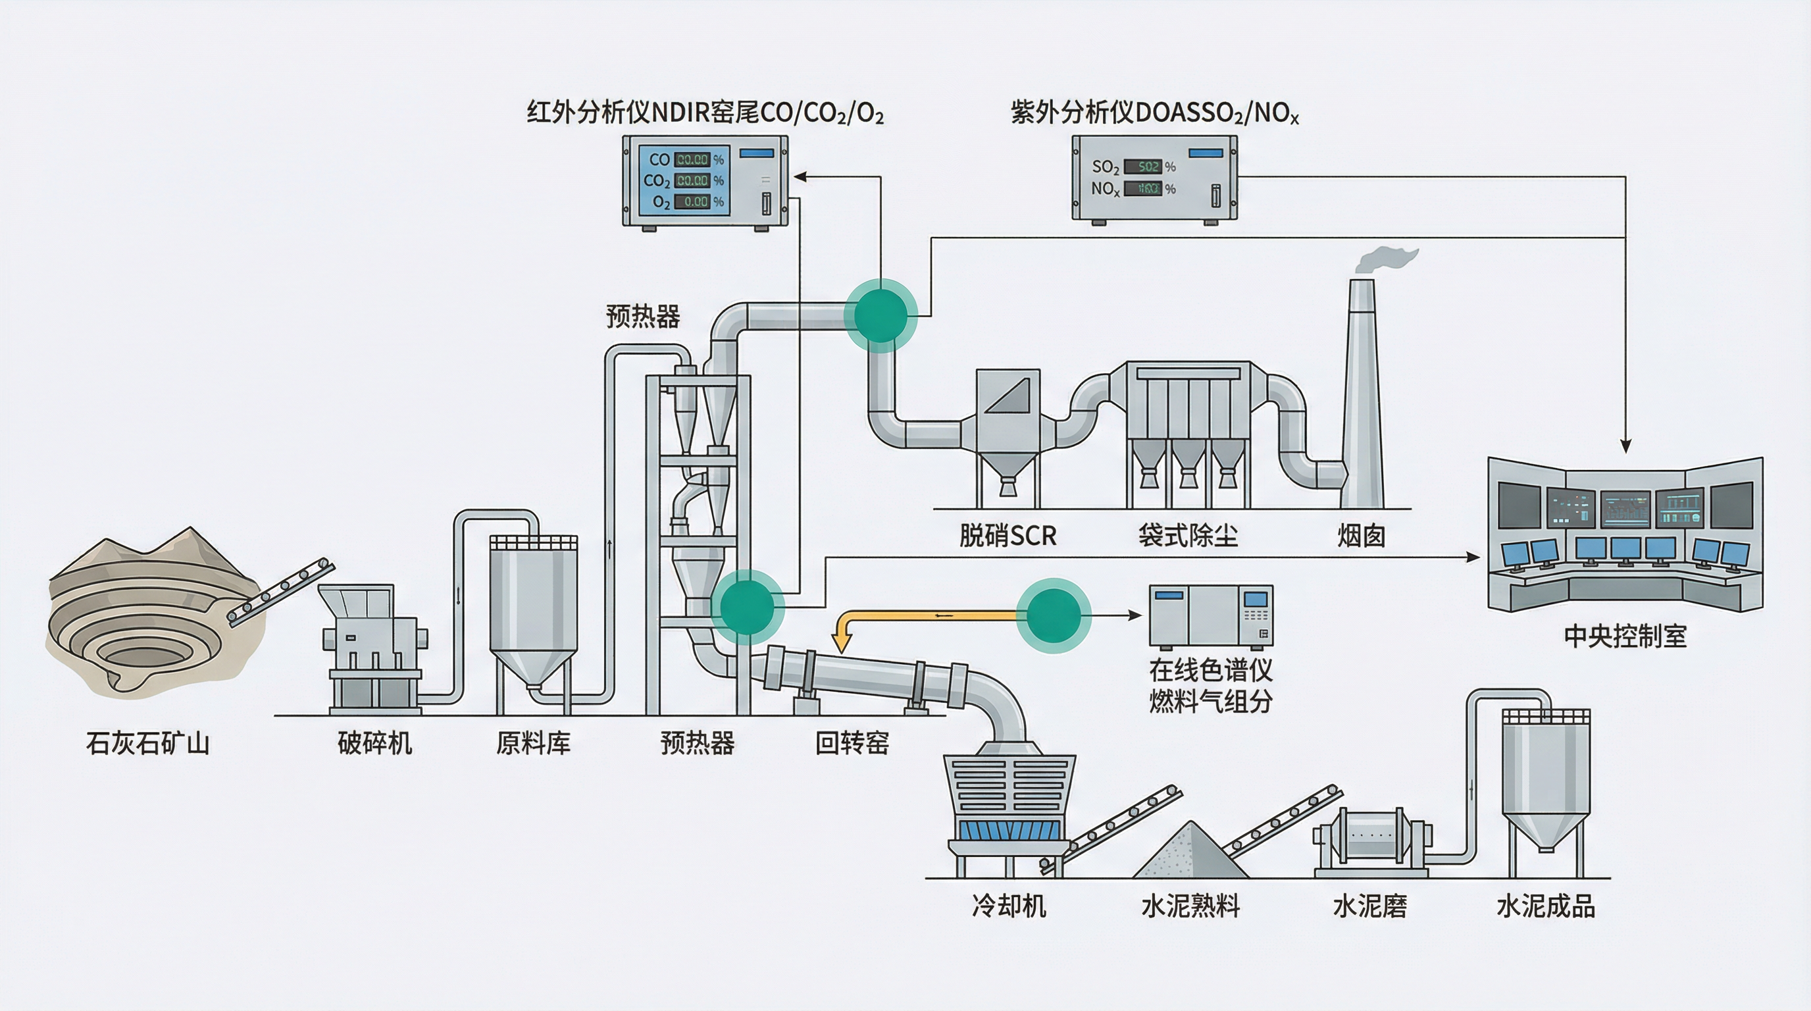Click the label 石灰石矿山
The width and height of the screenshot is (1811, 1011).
coord(147,743)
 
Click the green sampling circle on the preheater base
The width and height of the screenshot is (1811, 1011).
coord(747,606)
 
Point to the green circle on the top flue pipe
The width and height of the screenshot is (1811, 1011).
coord(880,315)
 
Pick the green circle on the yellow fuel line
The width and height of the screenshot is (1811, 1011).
coord(1053,616)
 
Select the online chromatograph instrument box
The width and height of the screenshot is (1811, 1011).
coord(1211,616)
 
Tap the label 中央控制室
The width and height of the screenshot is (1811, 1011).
coord(1625,636)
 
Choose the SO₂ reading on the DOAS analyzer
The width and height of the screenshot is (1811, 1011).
coord(1142,167)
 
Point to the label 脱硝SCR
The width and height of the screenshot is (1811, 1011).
coord(1008,536)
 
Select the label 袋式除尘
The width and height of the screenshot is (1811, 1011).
coord(1188,536)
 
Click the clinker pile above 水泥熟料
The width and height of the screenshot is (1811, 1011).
coord(1190,852)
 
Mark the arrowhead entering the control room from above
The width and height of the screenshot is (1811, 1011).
coord(1625,446)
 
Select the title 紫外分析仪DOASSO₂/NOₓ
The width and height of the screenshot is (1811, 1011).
coord(1154,113)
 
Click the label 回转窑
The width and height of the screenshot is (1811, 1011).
coord(852,743)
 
